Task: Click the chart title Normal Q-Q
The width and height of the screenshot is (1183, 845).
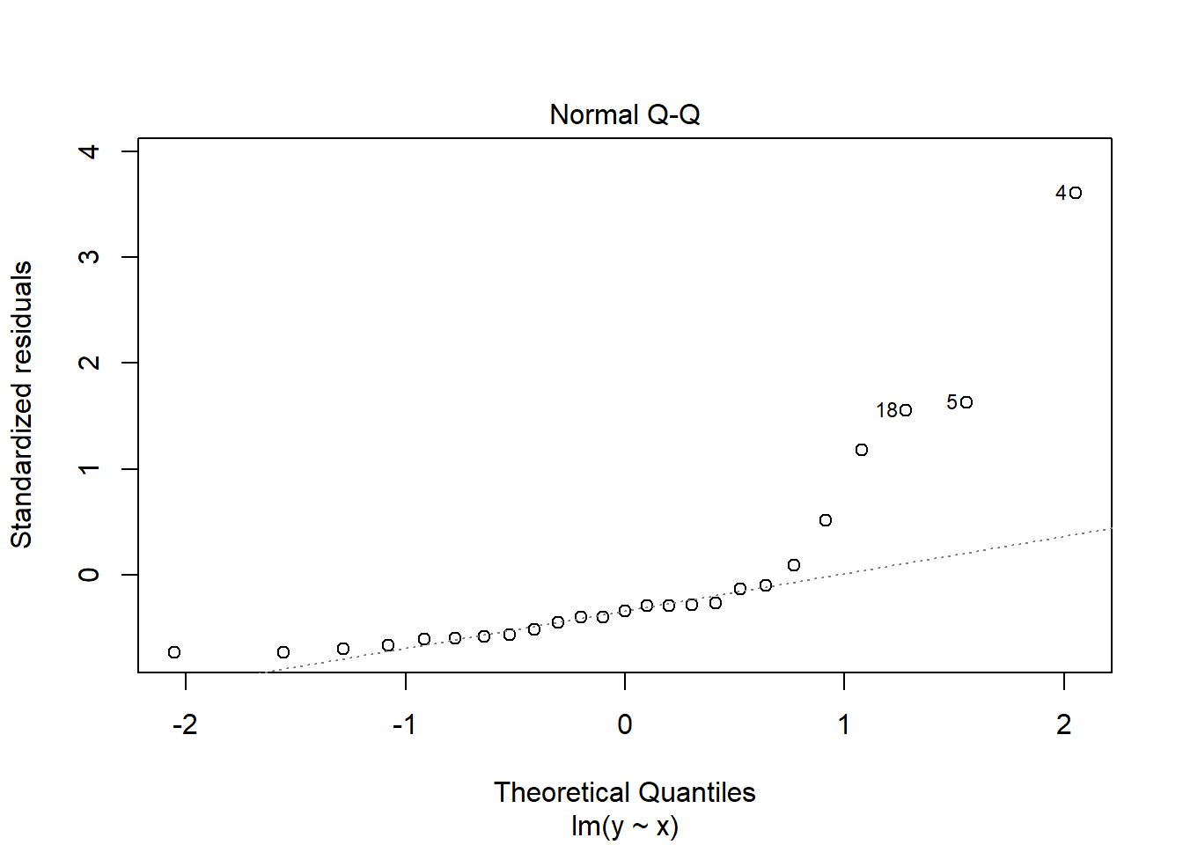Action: point(624,115)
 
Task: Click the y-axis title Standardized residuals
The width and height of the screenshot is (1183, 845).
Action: point(21,405)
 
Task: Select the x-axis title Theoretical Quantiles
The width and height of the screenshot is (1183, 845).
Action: point(624,792)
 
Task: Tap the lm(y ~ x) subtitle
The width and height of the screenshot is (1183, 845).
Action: point(624,826)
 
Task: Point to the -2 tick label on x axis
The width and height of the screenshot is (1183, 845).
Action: point(185,724)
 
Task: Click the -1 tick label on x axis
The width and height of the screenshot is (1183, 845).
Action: point(404,724)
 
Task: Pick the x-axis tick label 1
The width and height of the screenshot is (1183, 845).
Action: point(844,724)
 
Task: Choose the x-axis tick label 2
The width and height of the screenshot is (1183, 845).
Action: point(1064,724)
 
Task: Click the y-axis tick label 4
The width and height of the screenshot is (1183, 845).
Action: point(89,151)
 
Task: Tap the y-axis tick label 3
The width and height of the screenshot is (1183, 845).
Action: point(89,257)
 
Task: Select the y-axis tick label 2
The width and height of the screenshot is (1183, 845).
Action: point(89,363)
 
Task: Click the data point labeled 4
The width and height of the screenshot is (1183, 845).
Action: point(1076,193)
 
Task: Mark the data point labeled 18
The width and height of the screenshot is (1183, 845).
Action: point(906,410)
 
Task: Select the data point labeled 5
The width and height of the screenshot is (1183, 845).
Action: point(966,402)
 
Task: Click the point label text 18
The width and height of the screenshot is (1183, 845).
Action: point(886,411)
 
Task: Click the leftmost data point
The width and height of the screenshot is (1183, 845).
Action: point(174,652)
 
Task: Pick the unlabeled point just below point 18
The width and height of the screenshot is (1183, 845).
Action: point(862,450)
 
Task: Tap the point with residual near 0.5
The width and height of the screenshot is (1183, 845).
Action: point(826,520)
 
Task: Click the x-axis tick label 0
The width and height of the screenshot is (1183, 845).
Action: point(624,724)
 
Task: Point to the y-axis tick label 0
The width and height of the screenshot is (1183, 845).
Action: point(89,575)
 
